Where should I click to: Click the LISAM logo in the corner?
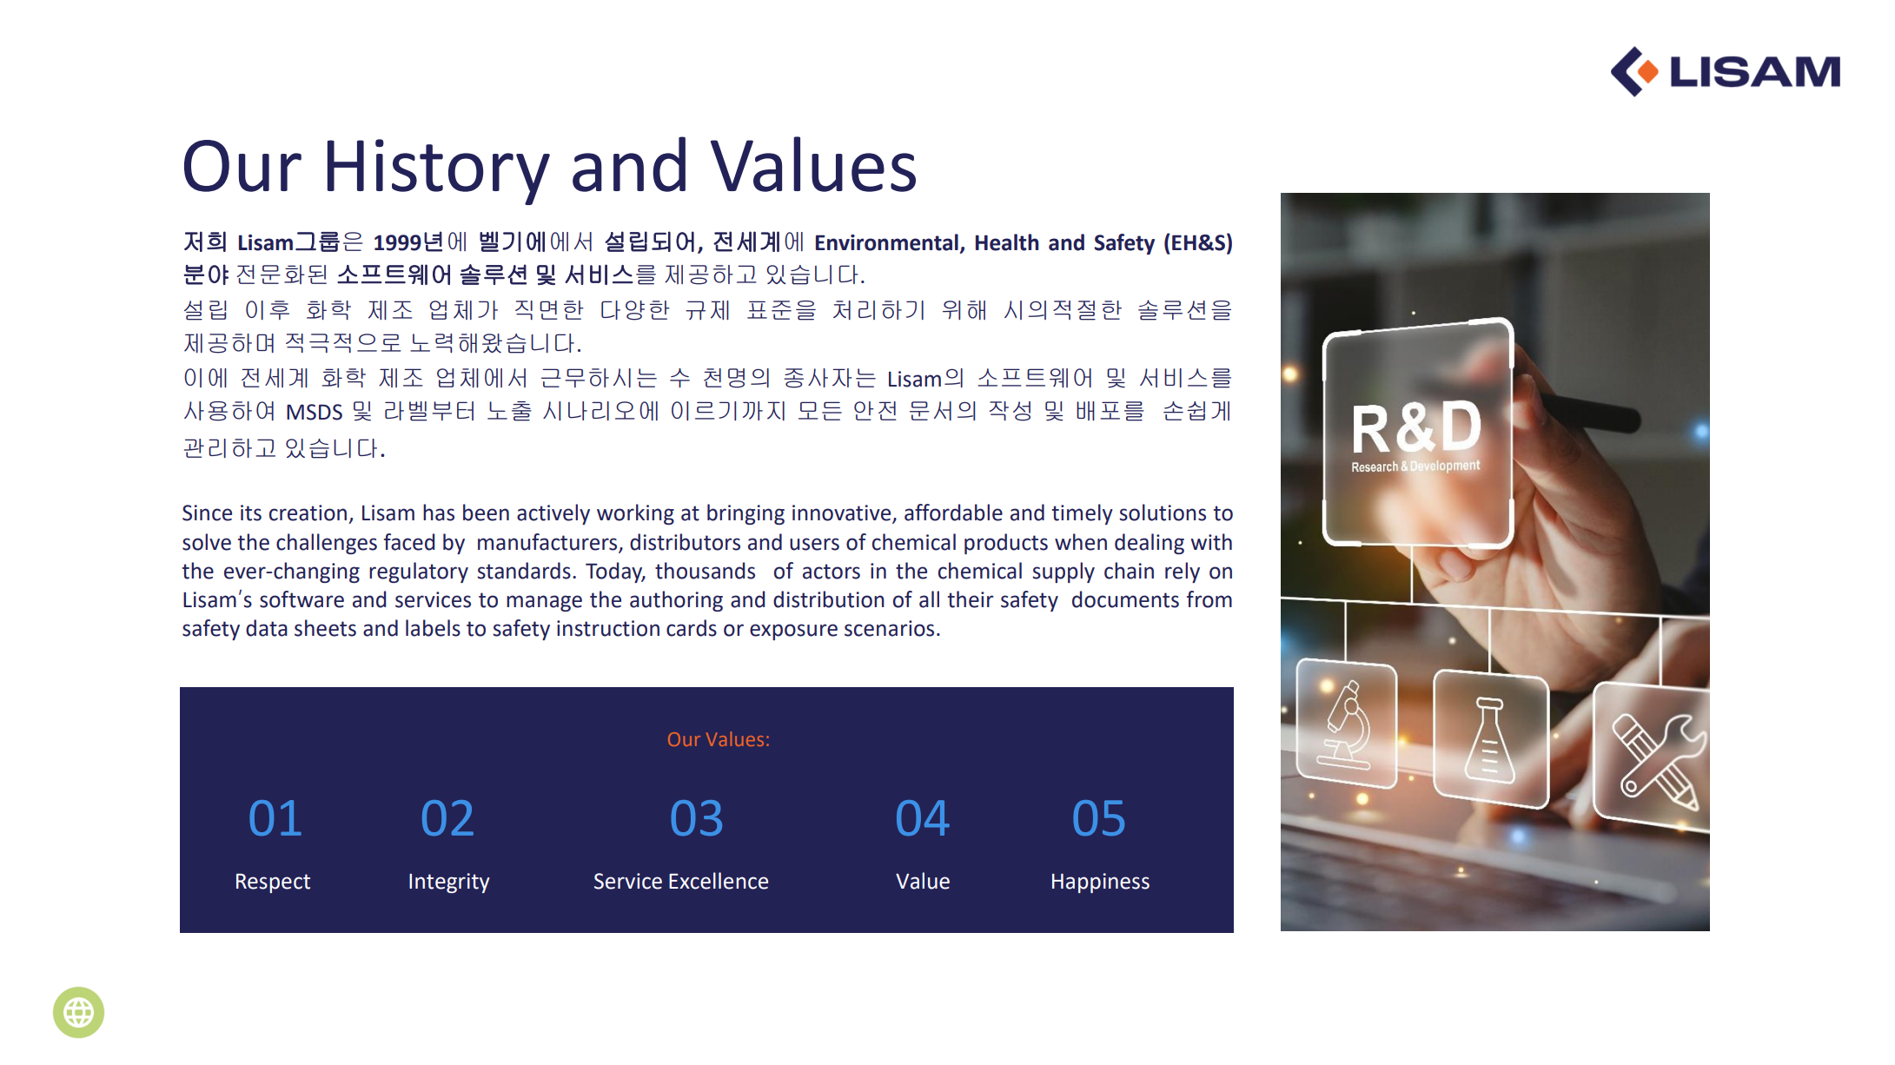[x=1726, y=71]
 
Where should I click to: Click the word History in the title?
[x=436, y=166]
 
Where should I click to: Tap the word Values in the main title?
[x=814, y=166]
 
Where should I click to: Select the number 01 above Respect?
[x=275, y=818]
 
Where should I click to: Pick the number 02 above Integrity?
[x=447, y=818]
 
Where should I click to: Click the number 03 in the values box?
[x=697, y=818]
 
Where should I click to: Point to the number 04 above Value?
[x=923, y=818]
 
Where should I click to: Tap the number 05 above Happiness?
[x=1099, y=818]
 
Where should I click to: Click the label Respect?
[x=273, y=882]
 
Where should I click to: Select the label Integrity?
[x=449, y=882]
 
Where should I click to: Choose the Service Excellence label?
[x=681, y=882]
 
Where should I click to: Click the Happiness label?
[x=1100, y=882]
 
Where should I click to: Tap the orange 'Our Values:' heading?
[x=719, y=739]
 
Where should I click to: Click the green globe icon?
[x=79, y=1012]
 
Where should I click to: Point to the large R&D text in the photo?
[x=1416, y=427]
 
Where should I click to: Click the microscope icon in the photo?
[x=1346, y=724]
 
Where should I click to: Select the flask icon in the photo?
[x=1490, y=739]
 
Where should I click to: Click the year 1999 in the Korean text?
[x=397, y=242]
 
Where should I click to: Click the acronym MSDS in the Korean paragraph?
[x=315, y=412]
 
